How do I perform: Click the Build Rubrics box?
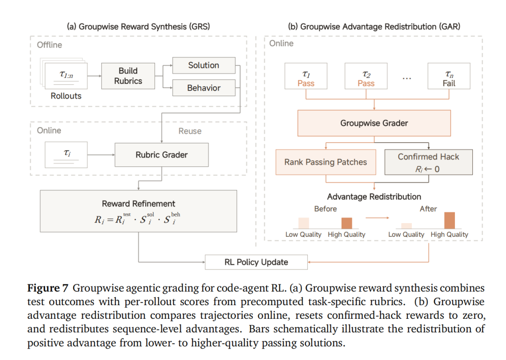(x=128, y=76)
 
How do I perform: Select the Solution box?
(x=204, y=66)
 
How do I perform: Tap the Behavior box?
(x=204, y=88)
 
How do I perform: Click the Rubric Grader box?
(x=162, y=155)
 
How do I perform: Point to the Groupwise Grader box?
(x=374, y=123)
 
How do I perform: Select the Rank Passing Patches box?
(x=326, y=162)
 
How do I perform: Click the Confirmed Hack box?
(x=429, y=162)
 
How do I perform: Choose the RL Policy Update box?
(x=256, y=262)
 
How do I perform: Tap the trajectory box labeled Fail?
(x=449, y=76)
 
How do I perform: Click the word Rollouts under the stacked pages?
(x=66, y=96)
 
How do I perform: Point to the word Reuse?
(x=190, y=131)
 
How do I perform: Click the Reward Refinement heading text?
(x=138, y=204)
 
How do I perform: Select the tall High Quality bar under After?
(x=449, y=220)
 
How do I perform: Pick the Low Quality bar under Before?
(x=304, y=224)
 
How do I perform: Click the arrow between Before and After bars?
(x=377, y=218)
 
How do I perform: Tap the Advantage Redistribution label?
(x=374, y=196)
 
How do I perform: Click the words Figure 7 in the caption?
(x=48, y=288)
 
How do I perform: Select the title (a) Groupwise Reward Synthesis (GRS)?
(x=138, y=26)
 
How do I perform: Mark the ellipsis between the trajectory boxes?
(x=407, y=78)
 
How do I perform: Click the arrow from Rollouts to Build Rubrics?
(x=95, y=76)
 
